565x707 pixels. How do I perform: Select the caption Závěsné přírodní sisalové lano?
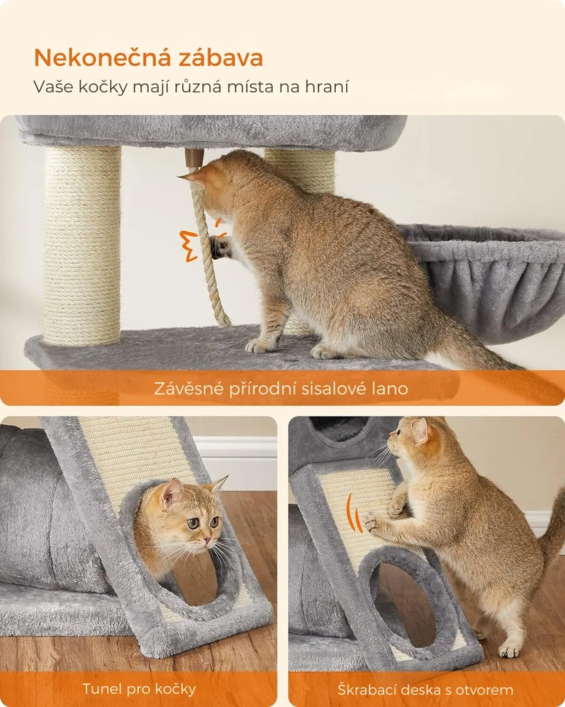[281, 389]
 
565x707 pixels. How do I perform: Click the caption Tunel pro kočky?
[138, 689]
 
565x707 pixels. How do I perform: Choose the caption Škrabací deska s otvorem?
[425, 690]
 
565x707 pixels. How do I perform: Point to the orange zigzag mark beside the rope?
[188, 245]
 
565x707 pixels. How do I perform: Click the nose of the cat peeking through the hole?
[206, 534]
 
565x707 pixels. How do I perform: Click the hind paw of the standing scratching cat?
[509, 649]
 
